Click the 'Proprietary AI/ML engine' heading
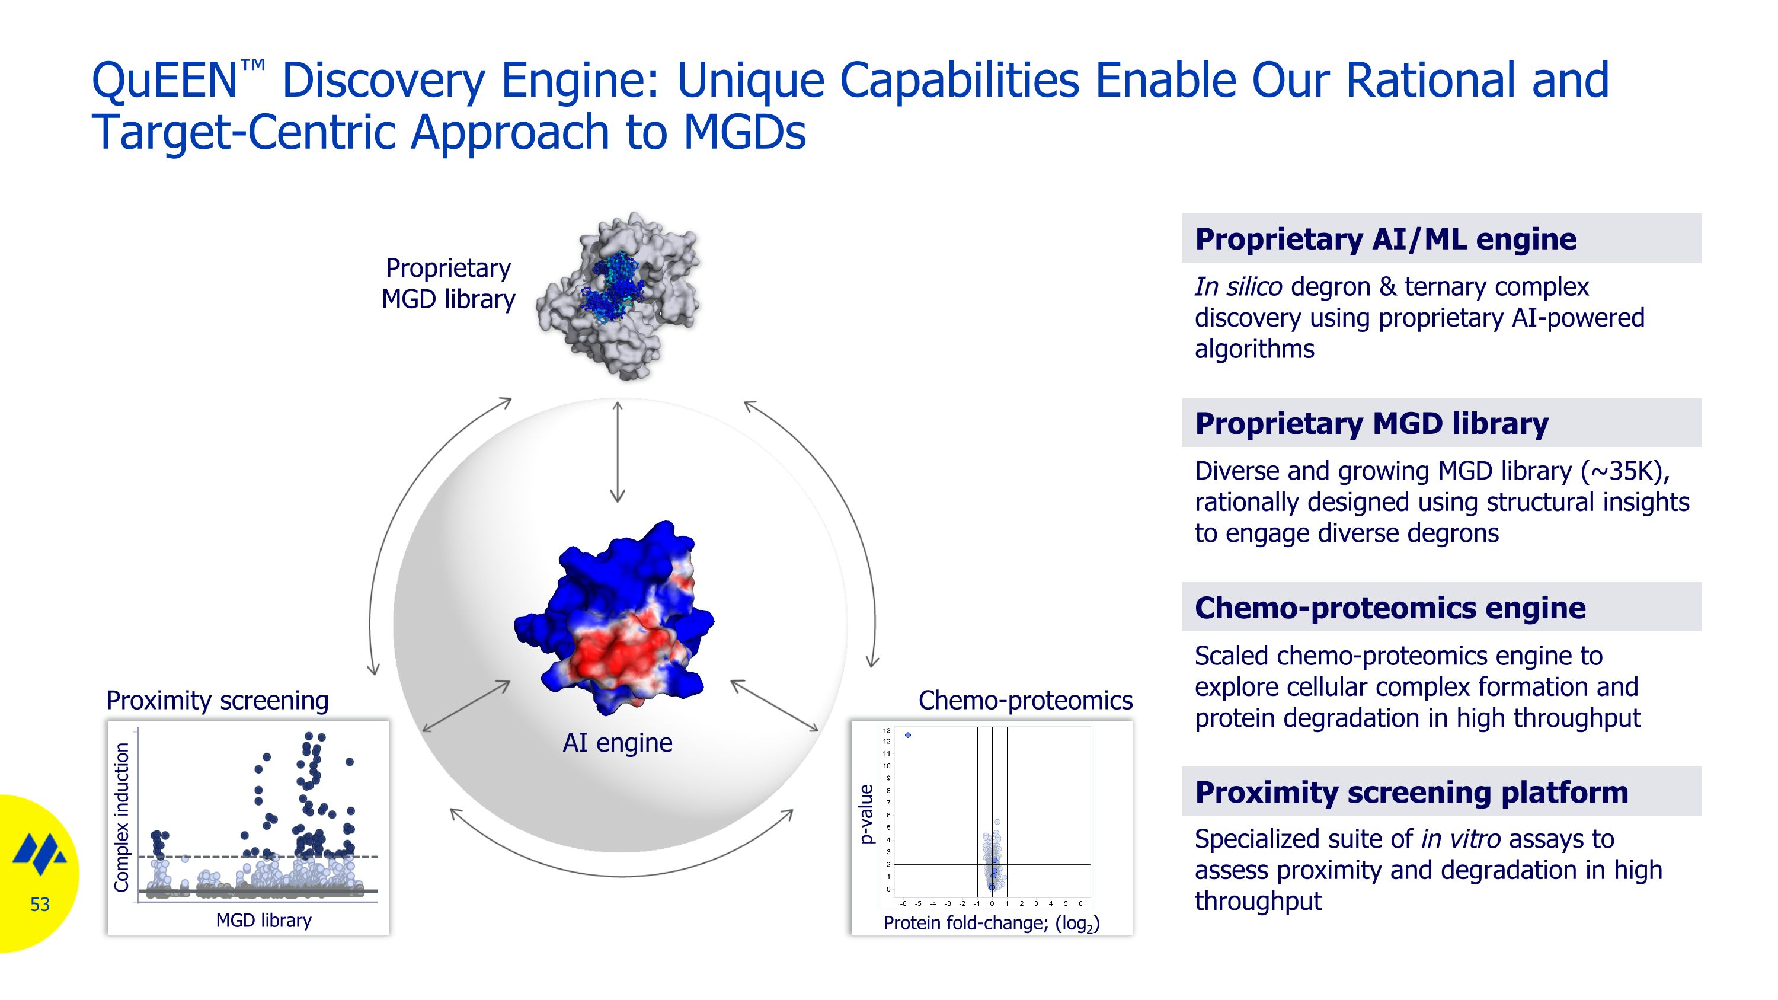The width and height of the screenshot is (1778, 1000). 1385,239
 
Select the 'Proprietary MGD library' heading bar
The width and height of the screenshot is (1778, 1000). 1441,423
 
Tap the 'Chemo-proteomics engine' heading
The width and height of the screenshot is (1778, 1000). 1390,608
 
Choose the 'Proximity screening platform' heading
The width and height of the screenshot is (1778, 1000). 1412,791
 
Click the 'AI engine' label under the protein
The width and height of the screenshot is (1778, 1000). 617,743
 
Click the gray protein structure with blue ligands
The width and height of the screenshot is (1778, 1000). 618,295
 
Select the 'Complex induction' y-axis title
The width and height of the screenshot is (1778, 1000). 121,817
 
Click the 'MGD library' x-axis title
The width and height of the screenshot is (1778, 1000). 264,920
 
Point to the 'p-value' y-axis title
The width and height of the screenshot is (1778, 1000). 866,814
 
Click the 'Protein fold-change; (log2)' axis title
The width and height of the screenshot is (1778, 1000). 991,924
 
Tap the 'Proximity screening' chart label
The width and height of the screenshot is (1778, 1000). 218,701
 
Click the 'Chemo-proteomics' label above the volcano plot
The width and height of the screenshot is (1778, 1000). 1025,701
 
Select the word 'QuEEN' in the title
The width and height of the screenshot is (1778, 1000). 165,80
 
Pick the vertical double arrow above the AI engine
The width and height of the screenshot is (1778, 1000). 617,452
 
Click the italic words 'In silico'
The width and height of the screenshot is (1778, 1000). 1238,286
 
